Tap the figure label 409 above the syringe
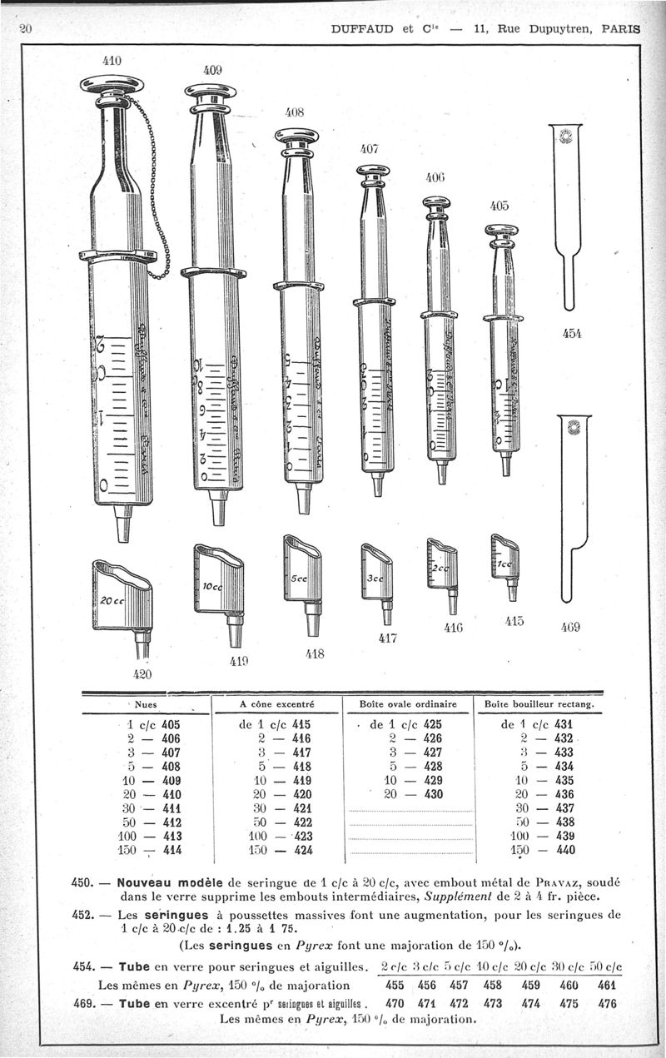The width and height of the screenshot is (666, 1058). pos(213,72)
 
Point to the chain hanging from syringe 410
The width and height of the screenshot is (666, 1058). pos(155,191)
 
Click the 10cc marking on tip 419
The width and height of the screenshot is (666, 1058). pos(212,587)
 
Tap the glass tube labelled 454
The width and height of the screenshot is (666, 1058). pos(568,216)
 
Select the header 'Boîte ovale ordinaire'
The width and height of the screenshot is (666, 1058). pos(408,705)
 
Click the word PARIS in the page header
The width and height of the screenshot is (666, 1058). pos(621,27)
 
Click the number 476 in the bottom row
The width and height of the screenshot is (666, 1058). pos(608,1004)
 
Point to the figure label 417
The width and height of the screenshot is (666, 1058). pos(388,638)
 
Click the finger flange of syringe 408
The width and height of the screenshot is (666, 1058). pos(299,286)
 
